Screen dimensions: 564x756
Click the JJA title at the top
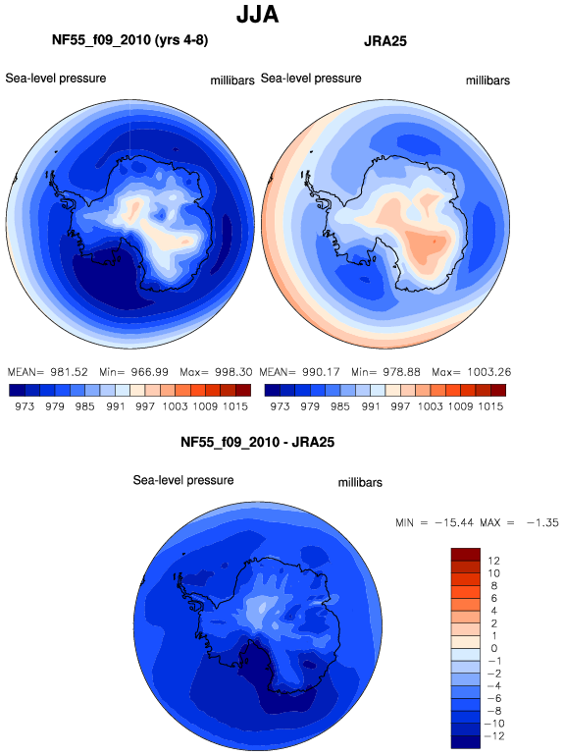(x=257, y=15)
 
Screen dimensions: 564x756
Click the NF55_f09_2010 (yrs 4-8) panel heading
(x=130, y=40)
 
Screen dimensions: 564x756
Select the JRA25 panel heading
(x=385, y=41)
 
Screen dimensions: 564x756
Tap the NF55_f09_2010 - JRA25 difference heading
(x=257, y=442)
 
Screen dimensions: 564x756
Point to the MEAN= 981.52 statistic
(x=48, y=372)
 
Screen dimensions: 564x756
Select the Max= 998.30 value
(x=216, y=372)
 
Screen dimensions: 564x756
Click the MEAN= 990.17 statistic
(x=299, y=372)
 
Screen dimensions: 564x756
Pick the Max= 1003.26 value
(x=472, y=372)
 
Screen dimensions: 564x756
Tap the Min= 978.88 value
(x=385, y=372)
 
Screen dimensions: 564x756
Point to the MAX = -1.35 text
(x=519, y=522)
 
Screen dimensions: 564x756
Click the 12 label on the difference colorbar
(x=493, y=561)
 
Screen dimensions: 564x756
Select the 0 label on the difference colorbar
(x=494, y=648)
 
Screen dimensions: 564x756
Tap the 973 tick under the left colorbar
(x=25, y=406)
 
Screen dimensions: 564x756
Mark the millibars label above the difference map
(x=360, y=483)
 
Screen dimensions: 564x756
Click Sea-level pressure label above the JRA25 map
(x=311, y=79)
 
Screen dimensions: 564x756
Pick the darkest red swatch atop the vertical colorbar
(x=466, y=555)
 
